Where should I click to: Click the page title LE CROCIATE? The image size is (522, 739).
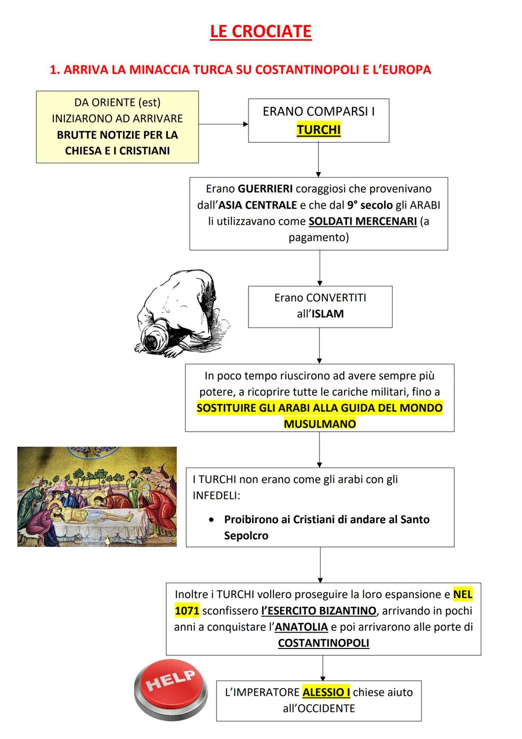(261, 31)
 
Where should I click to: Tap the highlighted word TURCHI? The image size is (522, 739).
(319, 130)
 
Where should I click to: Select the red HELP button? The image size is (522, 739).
(171, 689)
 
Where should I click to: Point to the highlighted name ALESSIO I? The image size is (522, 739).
(326, 692)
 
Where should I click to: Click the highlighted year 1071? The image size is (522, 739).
(187, 611)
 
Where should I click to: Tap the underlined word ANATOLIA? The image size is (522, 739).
(301, 627)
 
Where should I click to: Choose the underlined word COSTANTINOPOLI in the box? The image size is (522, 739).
(323, 643)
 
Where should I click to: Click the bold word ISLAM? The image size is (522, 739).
(327, 314)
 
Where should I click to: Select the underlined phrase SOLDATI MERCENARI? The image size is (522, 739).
(362, 221)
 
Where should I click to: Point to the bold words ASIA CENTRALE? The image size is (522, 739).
(258, 205)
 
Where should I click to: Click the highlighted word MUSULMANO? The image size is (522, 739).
(319, 424)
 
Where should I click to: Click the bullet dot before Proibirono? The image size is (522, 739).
(211, 520)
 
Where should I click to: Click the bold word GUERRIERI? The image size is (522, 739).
(265, 188)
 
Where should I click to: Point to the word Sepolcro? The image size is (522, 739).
(246, 536)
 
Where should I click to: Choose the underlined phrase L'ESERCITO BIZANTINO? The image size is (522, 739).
(319, 611)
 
